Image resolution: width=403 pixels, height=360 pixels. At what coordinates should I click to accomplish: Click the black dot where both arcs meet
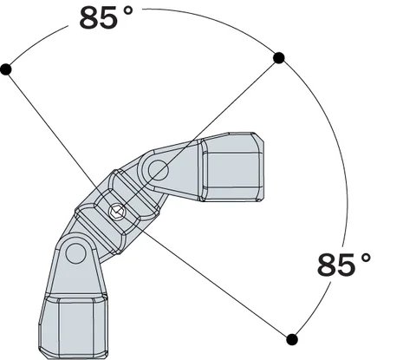tap(279, 58)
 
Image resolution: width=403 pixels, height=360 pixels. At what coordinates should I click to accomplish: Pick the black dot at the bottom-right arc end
tap(292, 338)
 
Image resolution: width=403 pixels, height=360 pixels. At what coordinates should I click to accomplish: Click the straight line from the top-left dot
tap(52, 126)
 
